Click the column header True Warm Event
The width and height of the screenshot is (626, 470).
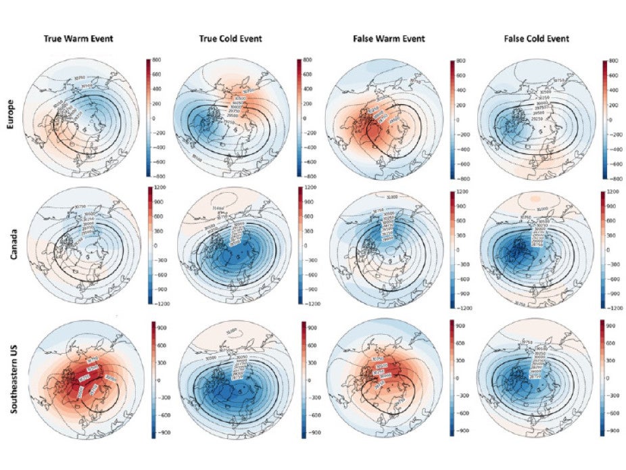(x=83, y=39)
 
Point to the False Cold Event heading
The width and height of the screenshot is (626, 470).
(x=537, y=39)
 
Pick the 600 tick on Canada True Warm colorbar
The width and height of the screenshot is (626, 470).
(x=160, y=217)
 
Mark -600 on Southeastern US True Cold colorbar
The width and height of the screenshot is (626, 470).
(x=312, y=413)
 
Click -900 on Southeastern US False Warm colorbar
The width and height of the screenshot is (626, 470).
(x=463, y=429)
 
